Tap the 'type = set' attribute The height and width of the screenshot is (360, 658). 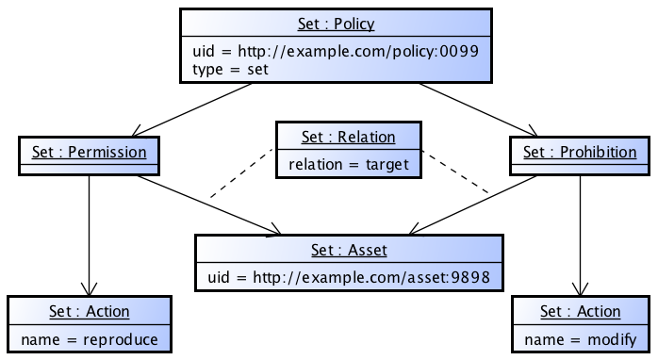point(231,69)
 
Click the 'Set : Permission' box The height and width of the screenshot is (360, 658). point(90,152)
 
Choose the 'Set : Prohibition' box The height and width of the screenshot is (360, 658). point(580,152)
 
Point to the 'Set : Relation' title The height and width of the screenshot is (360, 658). point(348,138)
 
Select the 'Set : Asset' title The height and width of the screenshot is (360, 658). point(349,251)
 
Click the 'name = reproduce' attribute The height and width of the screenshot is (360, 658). point(90,338)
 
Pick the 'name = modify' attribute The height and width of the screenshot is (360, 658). point(581,338)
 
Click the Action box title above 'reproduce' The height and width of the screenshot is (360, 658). point(90,312)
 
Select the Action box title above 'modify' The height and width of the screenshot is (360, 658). point(581,312)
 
